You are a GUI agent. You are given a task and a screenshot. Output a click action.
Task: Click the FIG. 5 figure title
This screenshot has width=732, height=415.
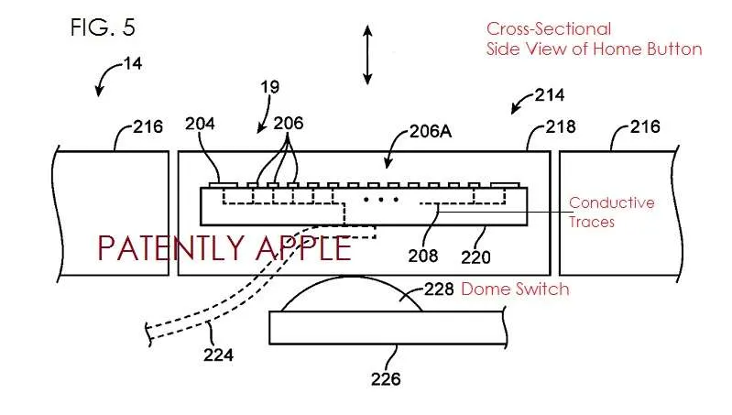click(x=103, y=27)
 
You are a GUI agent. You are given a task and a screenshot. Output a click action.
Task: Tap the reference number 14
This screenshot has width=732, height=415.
click(x=133, y=63)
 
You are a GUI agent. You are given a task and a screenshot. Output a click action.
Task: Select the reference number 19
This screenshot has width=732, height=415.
click(x=270, y=87)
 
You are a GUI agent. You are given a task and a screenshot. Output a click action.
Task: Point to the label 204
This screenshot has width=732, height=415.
click(x=200, y=124)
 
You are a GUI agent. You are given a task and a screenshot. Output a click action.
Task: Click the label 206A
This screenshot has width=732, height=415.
click(x=431, y=132)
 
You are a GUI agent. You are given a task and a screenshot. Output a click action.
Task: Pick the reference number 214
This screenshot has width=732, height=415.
click(x=550, y=95)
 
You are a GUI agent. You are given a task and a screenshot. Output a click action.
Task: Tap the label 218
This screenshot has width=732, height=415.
click(x=561, y=126)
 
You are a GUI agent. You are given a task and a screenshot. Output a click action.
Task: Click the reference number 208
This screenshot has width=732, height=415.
click(x=423, y=256)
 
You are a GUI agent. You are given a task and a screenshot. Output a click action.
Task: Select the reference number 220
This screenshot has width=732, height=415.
click(x=475, y=257)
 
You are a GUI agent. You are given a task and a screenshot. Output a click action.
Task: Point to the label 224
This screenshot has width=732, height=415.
click(x=218, y=355)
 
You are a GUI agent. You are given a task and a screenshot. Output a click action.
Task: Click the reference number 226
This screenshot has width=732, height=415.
click(x=386, y=379)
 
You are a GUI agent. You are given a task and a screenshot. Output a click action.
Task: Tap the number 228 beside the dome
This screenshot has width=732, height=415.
click(x=439, y=289)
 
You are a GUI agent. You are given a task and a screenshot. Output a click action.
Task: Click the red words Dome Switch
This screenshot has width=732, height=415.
click(x=516, y=289)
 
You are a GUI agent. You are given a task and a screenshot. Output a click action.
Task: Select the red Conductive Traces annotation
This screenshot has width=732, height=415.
click(x=612, y=212)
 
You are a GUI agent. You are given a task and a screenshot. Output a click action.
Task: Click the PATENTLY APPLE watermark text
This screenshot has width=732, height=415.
click(x=224, y=248)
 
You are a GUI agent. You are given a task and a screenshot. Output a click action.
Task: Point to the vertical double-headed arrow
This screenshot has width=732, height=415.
click(x=368, y=55)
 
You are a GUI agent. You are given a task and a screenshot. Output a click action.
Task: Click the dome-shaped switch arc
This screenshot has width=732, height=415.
click(x=351, y=277)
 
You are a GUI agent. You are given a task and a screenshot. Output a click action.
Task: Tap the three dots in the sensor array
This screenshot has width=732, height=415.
click(x=381, y=200)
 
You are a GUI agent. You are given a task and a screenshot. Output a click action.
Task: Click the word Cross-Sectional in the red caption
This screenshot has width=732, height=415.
click(x=549, y=29)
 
